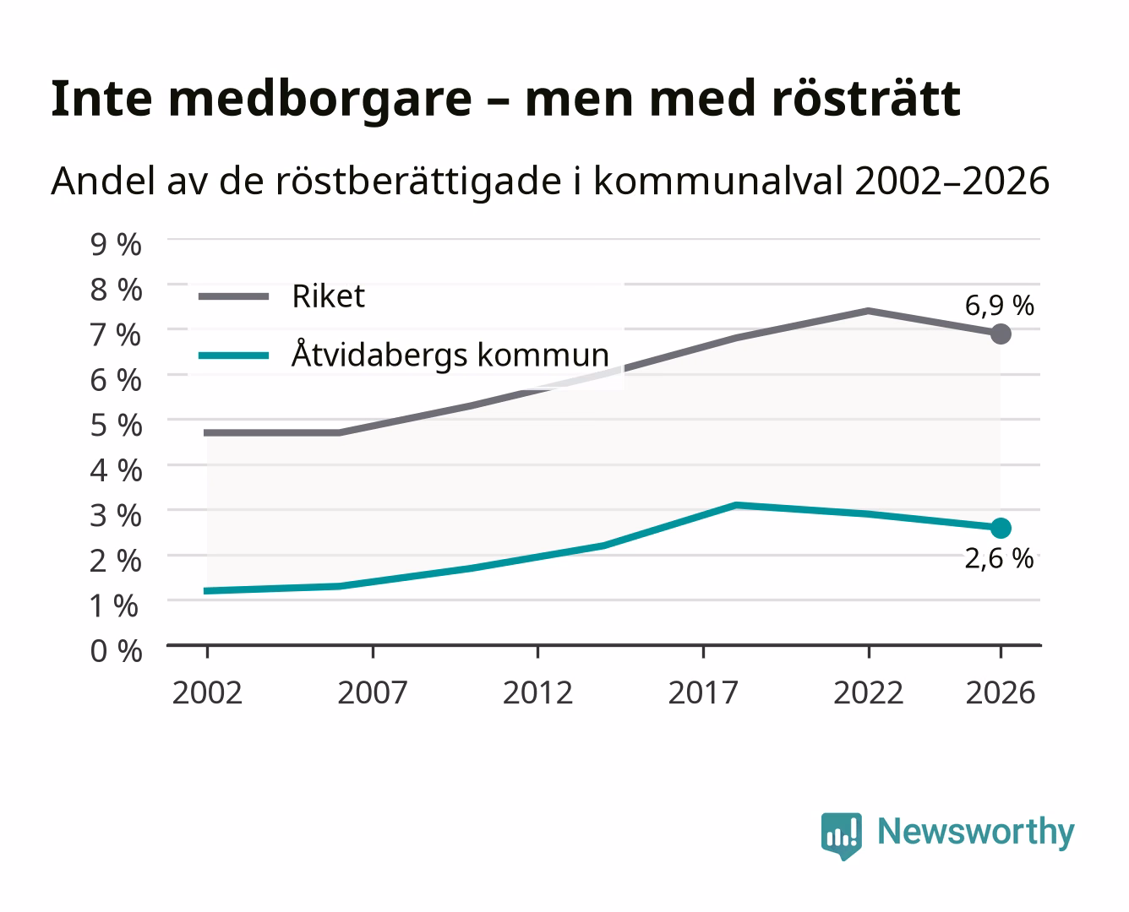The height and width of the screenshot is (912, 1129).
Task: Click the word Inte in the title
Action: (101, 99)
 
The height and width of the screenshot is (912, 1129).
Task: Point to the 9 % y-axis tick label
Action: (116, 245)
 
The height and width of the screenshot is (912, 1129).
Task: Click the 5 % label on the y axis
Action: (116, 425)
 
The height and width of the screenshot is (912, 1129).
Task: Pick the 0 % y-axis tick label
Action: (116, 651)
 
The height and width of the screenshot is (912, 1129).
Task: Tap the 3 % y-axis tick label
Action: (116, 515)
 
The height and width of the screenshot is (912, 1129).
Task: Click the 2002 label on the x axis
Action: (207, 692)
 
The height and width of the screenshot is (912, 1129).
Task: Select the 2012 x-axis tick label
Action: (537, 692)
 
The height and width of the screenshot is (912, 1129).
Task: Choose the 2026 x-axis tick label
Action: (1001, 692)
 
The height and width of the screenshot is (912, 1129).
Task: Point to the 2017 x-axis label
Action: (703, 692)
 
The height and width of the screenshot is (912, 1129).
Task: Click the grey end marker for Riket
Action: (1001, 334)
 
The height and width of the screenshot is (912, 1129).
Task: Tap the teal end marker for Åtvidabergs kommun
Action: (1001, 528)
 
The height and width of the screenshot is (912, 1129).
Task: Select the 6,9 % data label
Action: (999, 306)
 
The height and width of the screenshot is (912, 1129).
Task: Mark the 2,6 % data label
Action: (999, 559)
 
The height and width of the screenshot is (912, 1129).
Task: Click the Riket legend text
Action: (328, 296)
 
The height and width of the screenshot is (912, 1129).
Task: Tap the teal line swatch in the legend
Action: (234, 355)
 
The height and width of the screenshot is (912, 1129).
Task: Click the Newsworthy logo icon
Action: (842, 836)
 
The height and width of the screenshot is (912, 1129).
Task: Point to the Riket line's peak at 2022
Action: (868, 311)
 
